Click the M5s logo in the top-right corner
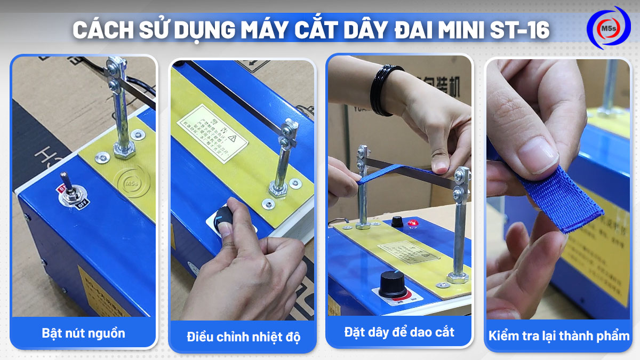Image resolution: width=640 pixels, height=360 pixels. pyautogui.click(x=608, y=28)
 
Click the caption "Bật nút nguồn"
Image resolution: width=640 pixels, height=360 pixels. pyautogui.click(x=83, y=333)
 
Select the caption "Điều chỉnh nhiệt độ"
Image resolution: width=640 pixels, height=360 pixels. pyautogui.click(x=243, y=337)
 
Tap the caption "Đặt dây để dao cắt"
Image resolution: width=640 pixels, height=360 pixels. pyautogui.click(x=399, y=332)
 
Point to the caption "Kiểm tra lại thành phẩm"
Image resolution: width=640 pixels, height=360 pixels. pyautogui.click(x=559, y=336)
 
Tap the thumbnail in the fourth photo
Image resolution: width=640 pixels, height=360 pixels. pyautogui.click(x=539, y=158)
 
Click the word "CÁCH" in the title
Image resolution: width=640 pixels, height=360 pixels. pyautogui.click(x=102, y=30)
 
